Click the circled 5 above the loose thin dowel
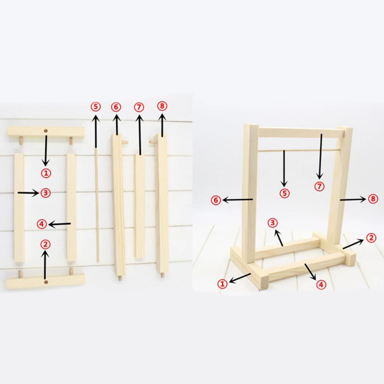point(96,107)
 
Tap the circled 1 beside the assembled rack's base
point(223,284)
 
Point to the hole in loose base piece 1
point(46,131)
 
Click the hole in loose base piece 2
point(46,281)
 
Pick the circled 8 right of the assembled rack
point(373,199)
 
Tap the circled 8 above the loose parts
point(162,106)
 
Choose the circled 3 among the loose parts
point(45,193)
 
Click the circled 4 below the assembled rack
point(320,285)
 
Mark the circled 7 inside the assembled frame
point(319,186)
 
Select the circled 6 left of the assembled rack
point(216,200)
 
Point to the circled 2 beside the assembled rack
point(371,238)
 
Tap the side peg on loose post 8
point(152,142)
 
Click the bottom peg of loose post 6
point(120,278)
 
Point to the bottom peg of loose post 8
point(162,275)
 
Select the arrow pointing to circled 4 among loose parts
point(59,224)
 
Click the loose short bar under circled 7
point(140,206)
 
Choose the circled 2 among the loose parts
point(45,244)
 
